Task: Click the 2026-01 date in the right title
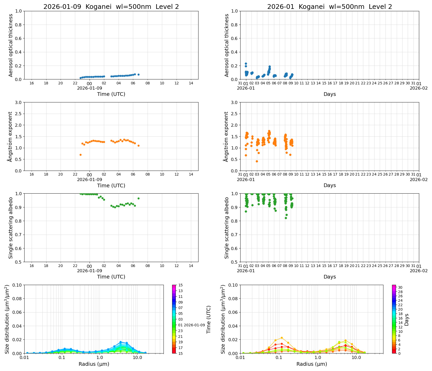tap(281, 7)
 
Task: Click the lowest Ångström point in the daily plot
tap(80, 155)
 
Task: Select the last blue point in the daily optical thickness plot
tap(138, 75)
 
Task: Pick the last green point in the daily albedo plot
tap(138, 198)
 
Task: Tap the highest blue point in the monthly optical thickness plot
tap(246, 63)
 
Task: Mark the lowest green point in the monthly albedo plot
tap(286, 218)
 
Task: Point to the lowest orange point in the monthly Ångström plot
tap(257, 161)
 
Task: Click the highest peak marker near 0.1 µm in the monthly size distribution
tap(282, 338)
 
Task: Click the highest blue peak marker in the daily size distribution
tap(120, 342)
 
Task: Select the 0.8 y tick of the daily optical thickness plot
tap(19, 25)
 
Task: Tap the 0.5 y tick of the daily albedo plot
tap(19, 262)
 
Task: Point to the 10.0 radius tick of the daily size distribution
tap(137, 357)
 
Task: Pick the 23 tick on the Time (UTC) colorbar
tap(180, 331)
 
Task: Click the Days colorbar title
tap(407, 319)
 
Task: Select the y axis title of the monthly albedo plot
tap(227, 228)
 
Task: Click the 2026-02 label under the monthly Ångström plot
tap(419, 179)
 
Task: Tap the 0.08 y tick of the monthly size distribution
tap(233, 299)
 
